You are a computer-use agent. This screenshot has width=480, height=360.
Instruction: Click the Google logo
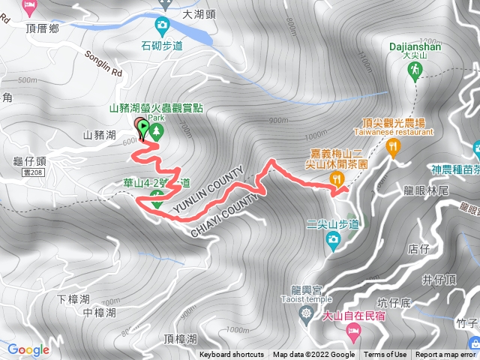coord(28,349)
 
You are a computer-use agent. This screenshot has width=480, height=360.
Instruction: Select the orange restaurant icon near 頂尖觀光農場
coord(392,148)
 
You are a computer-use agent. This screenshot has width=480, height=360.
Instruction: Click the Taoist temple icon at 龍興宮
coord(304,312)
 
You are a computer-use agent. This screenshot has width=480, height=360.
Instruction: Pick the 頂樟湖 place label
coord(178,338)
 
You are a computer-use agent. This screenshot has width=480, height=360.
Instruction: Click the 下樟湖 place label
coord(73,298)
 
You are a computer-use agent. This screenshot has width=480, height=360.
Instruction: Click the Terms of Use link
coord(385,355)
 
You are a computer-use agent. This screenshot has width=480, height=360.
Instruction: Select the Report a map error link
coord(446,355)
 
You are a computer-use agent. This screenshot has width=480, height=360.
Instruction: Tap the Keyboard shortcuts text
coord(231,355)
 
